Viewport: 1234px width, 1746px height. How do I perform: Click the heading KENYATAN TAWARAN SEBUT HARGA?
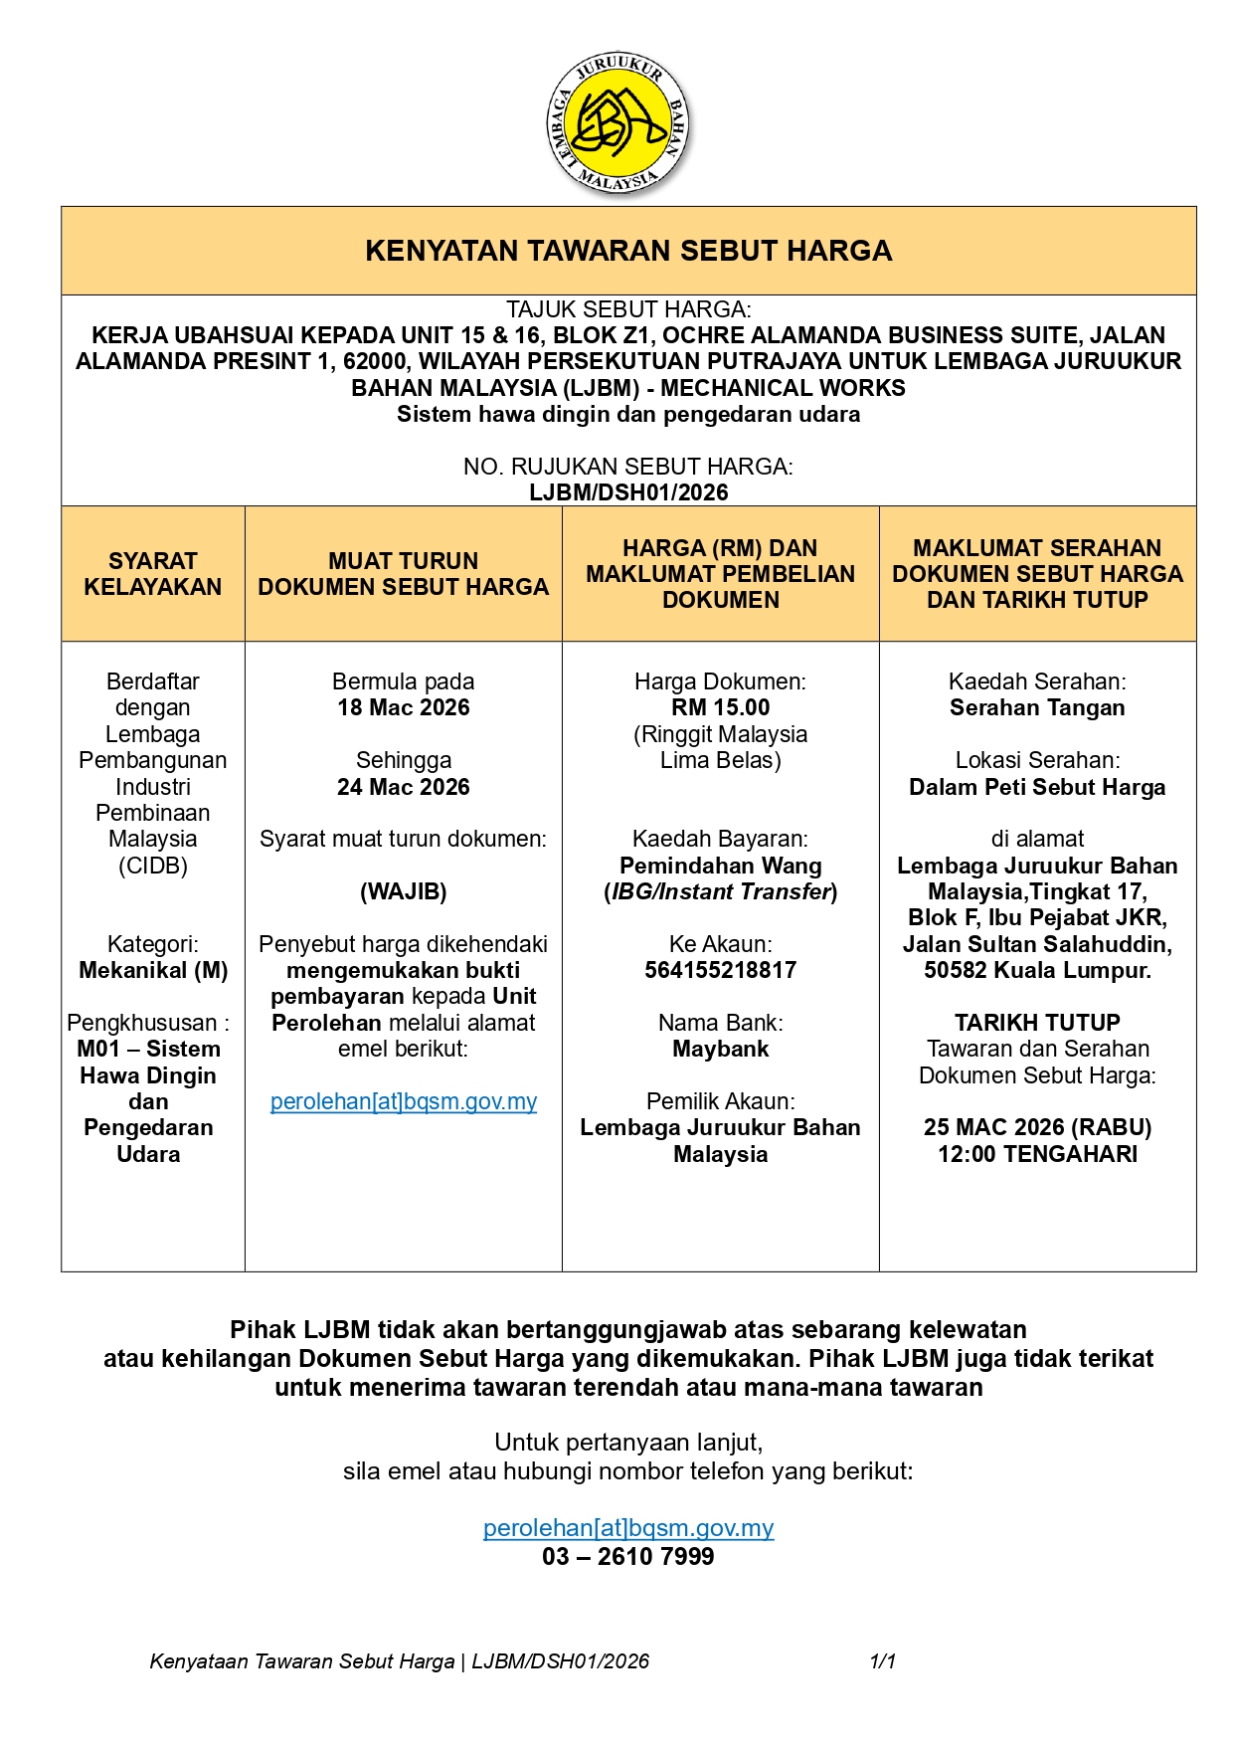click(x=628, y=251)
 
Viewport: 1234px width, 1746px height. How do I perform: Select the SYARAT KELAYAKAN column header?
click(x=153, y=574)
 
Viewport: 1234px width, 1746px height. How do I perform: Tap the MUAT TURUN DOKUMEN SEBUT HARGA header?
click(x=403, y=574)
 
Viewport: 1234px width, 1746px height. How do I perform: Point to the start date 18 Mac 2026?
click(x=403, y=707)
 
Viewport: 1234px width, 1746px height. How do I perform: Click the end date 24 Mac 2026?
click(x=403, y=787)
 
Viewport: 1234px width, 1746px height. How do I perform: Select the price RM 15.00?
click(x=720, y=707)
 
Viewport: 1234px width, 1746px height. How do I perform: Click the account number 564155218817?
click(x=720, y=970)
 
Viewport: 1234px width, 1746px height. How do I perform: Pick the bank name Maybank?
click(x=720, y=1049)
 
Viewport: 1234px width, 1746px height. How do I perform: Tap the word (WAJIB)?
click(x=403, y=891)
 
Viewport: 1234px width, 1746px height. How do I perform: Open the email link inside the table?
click(x=403, y=1101)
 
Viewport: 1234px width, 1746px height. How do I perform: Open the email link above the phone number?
click(x=628, y=1528)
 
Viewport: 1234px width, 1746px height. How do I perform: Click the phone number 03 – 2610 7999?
click(x=628, y=1557)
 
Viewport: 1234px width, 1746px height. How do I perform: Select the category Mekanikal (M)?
click(x=153, y=970)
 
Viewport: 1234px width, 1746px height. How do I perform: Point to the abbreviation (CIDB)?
click(x=153, y=866)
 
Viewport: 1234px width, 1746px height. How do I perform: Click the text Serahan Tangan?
click(x=1037, y=707)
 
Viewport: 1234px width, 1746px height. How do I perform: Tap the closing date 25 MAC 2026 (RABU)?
click(x=1037, y=1127)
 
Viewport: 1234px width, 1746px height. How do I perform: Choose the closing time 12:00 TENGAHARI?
click(x=1037, y=1154)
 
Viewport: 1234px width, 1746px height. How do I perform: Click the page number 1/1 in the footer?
click(x=883, y=1661)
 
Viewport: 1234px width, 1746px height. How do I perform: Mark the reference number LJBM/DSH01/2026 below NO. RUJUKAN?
click(x=628, y=492)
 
